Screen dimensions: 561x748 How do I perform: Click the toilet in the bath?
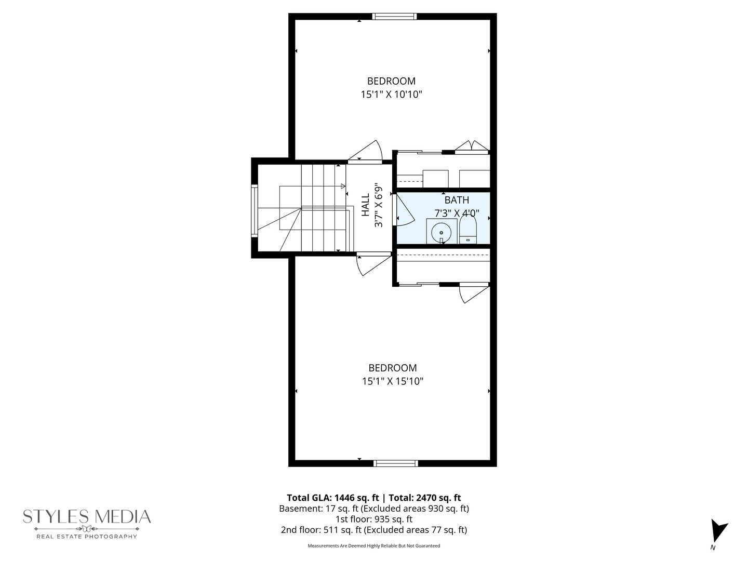[468, 230]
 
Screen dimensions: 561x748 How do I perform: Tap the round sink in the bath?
[442, 232]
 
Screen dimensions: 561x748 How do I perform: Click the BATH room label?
[457, 200]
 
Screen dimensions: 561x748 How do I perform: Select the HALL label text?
[366, 205]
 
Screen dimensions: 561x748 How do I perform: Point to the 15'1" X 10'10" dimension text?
[391, 95]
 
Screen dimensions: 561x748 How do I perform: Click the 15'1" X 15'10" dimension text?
[393, 381]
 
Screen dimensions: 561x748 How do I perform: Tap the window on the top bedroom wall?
[395, 17]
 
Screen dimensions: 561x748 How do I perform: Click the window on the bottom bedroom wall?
[396, 463]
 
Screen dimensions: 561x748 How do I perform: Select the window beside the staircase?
[255, 210]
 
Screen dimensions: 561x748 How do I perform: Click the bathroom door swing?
[404, 210]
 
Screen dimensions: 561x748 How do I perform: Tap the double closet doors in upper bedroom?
[472, 146]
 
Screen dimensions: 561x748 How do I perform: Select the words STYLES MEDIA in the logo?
[87, 516]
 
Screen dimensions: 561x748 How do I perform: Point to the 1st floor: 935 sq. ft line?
[374, 519]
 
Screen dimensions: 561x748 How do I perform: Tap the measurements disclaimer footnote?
[374, 546]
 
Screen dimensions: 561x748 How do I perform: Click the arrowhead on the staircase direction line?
[343, 186]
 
